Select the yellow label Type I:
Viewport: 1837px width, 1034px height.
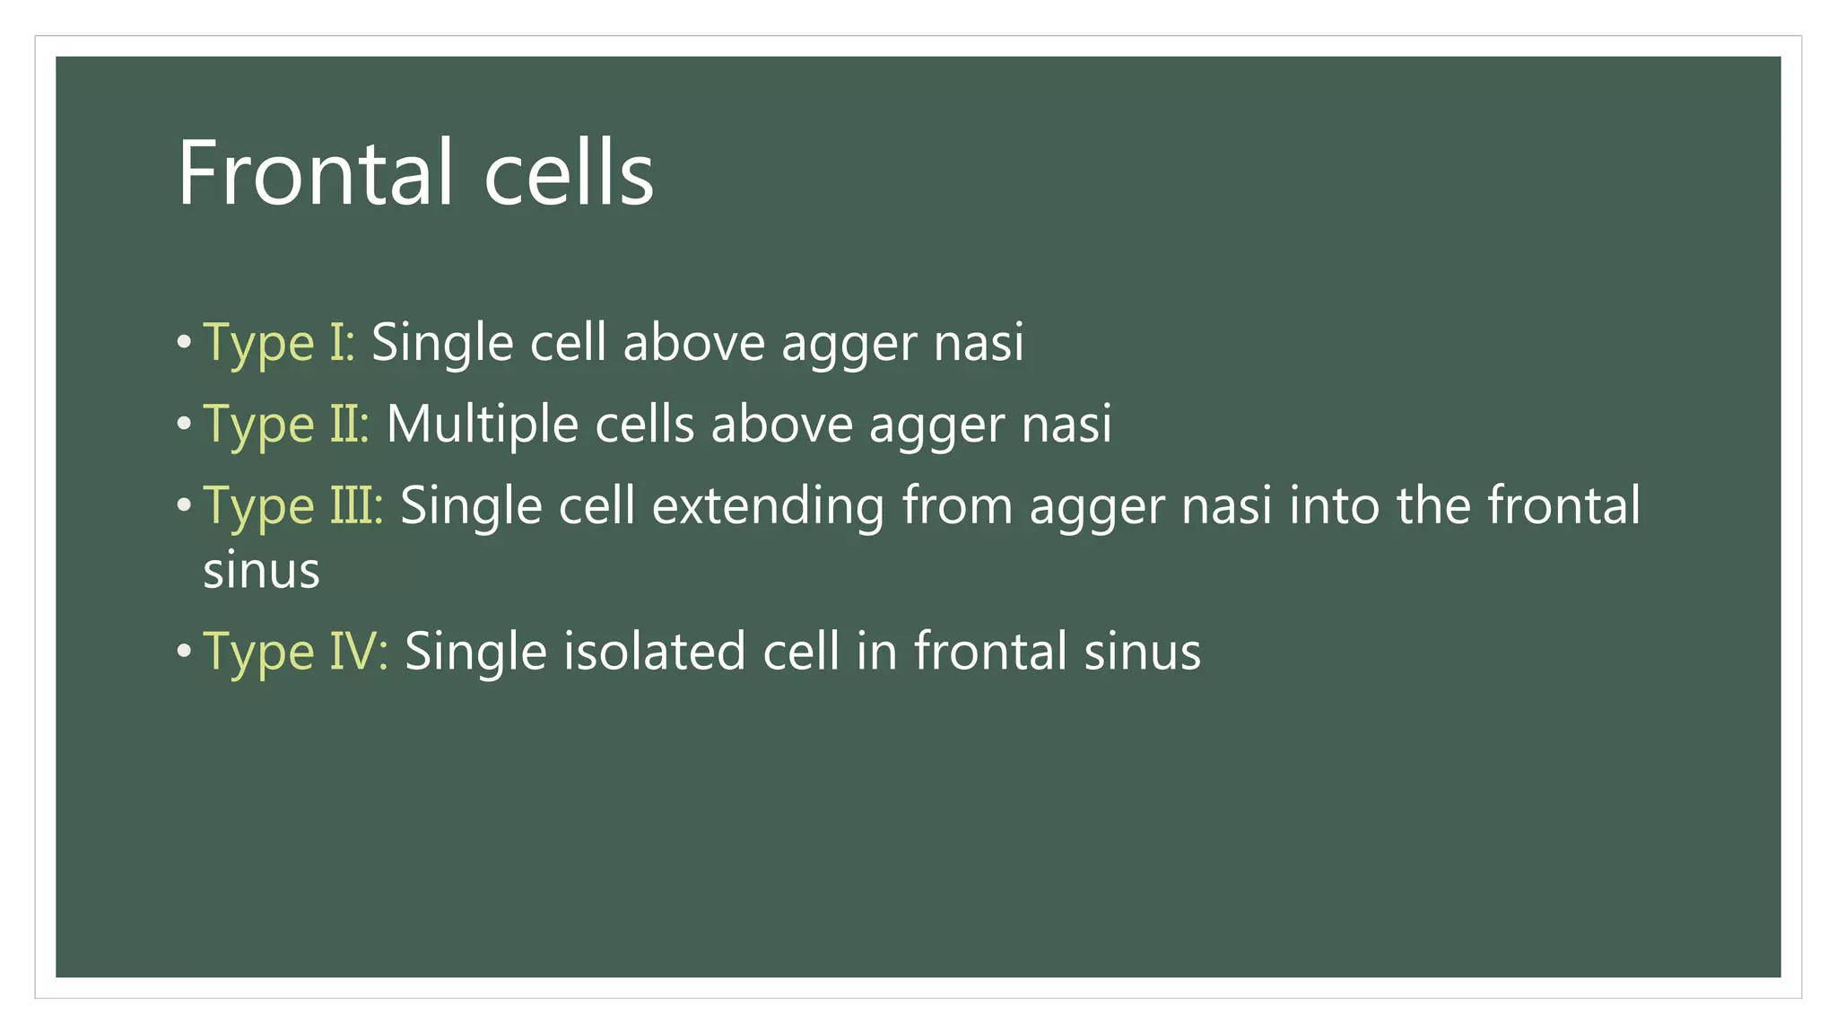279,344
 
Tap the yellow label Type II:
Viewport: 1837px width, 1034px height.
286,425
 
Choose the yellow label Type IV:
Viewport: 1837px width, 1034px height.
295,653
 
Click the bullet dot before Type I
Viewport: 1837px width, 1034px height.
184,342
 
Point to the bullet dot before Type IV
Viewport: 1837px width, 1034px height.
184,651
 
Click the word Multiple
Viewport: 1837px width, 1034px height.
482,425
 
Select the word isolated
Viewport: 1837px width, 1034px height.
654,652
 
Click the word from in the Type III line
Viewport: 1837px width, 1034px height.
956,506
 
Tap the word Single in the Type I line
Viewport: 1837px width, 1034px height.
442,344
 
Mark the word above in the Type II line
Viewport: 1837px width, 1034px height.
781,425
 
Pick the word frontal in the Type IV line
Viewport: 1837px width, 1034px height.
991,652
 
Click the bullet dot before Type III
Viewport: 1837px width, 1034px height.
184,505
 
